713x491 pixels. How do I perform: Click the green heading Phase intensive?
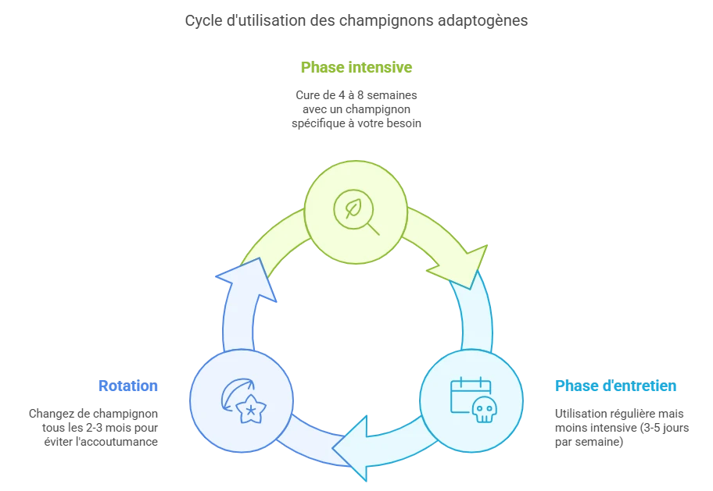pos(356,67)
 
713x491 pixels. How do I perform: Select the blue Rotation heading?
pos(128,386)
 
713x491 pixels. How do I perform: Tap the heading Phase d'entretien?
pos(616,386)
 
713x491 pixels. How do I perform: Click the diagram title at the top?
pos(356,21)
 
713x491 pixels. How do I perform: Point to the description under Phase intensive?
pos(356,109)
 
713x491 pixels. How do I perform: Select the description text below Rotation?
pos(95,426)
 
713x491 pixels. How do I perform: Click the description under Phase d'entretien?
pos(621,426)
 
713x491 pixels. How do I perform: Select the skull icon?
pos(485,409)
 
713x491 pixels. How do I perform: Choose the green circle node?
pos(355,212)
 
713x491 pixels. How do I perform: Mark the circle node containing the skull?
pos(471,401)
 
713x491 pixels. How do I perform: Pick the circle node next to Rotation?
pos(241,401)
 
